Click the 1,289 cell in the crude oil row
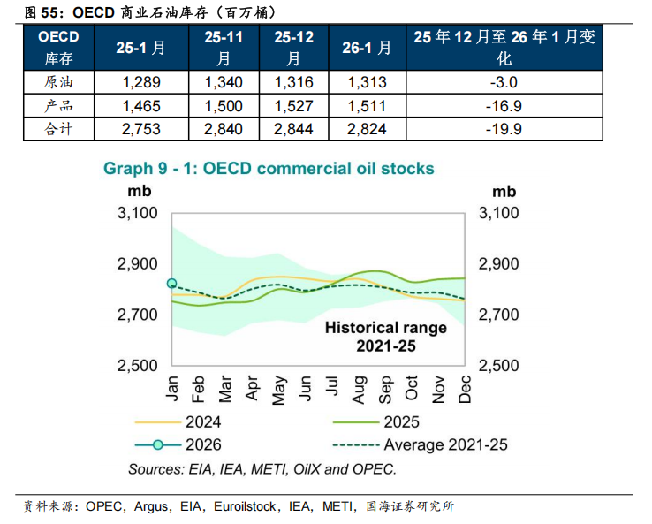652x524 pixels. pos(140,83)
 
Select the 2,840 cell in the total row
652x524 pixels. pos(223,129)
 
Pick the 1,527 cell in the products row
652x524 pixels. pos(293,106)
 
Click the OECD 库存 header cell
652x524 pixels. pos(58,48)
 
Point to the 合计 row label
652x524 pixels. pos(58,129)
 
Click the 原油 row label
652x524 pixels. pos(58,83)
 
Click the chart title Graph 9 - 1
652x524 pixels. pos(269,168)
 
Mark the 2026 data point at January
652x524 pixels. pos(172,284)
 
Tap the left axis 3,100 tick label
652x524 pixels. pos(137,214)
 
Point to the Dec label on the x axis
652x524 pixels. pos(465,385)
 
